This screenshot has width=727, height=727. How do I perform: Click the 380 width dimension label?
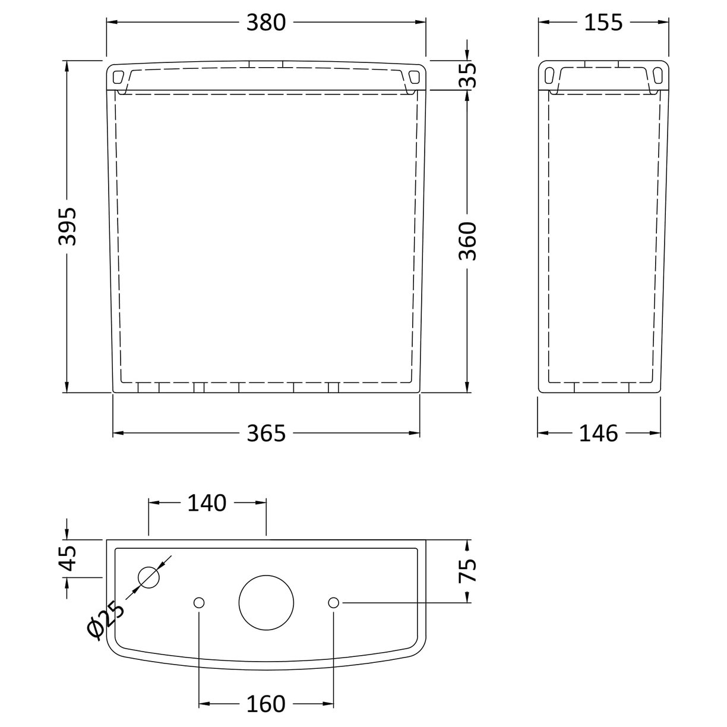pyautogui.click(x=266, y=23)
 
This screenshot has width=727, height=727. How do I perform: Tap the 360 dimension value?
pyautogui.click(x=467, y=241)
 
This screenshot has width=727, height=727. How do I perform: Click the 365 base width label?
pyautogui.click(x=266, y=434)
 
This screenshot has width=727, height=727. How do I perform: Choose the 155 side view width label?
pyautogui.click(x=603, y=23)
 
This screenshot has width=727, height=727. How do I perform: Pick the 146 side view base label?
pyautogui.click(x=598, y=434)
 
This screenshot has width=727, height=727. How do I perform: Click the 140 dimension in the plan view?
pyautogui.click(x=207, y=503)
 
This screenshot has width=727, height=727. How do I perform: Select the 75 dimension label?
pyautogui.click(x=467, y=571)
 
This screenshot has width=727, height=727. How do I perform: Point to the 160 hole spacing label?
pyautogui.click(x=266, y=704)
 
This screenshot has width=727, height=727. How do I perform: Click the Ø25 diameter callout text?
pyautogui.click(x=106, y=620)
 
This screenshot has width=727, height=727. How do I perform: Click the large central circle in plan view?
pyautogui.click(x=267, y=602)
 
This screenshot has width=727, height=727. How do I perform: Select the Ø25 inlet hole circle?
pyautogui.click(x=149, y=577)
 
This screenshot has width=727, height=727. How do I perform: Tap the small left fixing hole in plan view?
pyautogui.click(x=199, y=602)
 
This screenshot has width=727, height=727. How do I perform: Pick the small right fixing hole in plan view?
pyautogui.click(x=333, y=602)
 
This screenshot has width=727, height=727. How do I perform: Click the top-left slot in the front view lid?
pyautogui.click(x=118, y=77)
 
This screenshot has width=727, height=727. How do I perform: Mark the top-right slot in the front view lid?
pyautogui.click(x=414, y=77)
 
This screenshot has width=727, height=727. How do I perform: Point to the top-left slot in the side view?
pyautogui.click(x=550, y=75)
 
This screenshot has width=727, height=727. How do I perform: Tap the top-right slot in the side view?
pyautogui.click(x=657, y=75)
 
